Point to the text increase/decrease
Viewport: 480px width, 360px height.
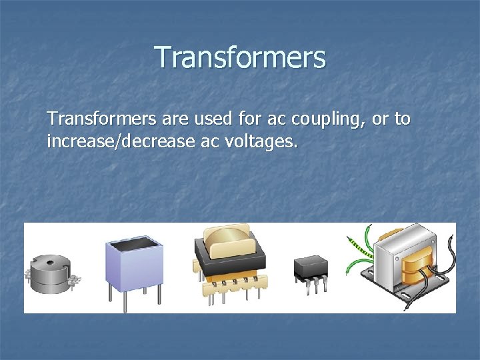point(118,141)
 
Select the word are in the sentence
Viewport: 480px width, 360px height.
point(175,121)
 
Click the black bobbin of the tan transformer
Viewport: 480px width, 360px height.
point(230,263)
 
